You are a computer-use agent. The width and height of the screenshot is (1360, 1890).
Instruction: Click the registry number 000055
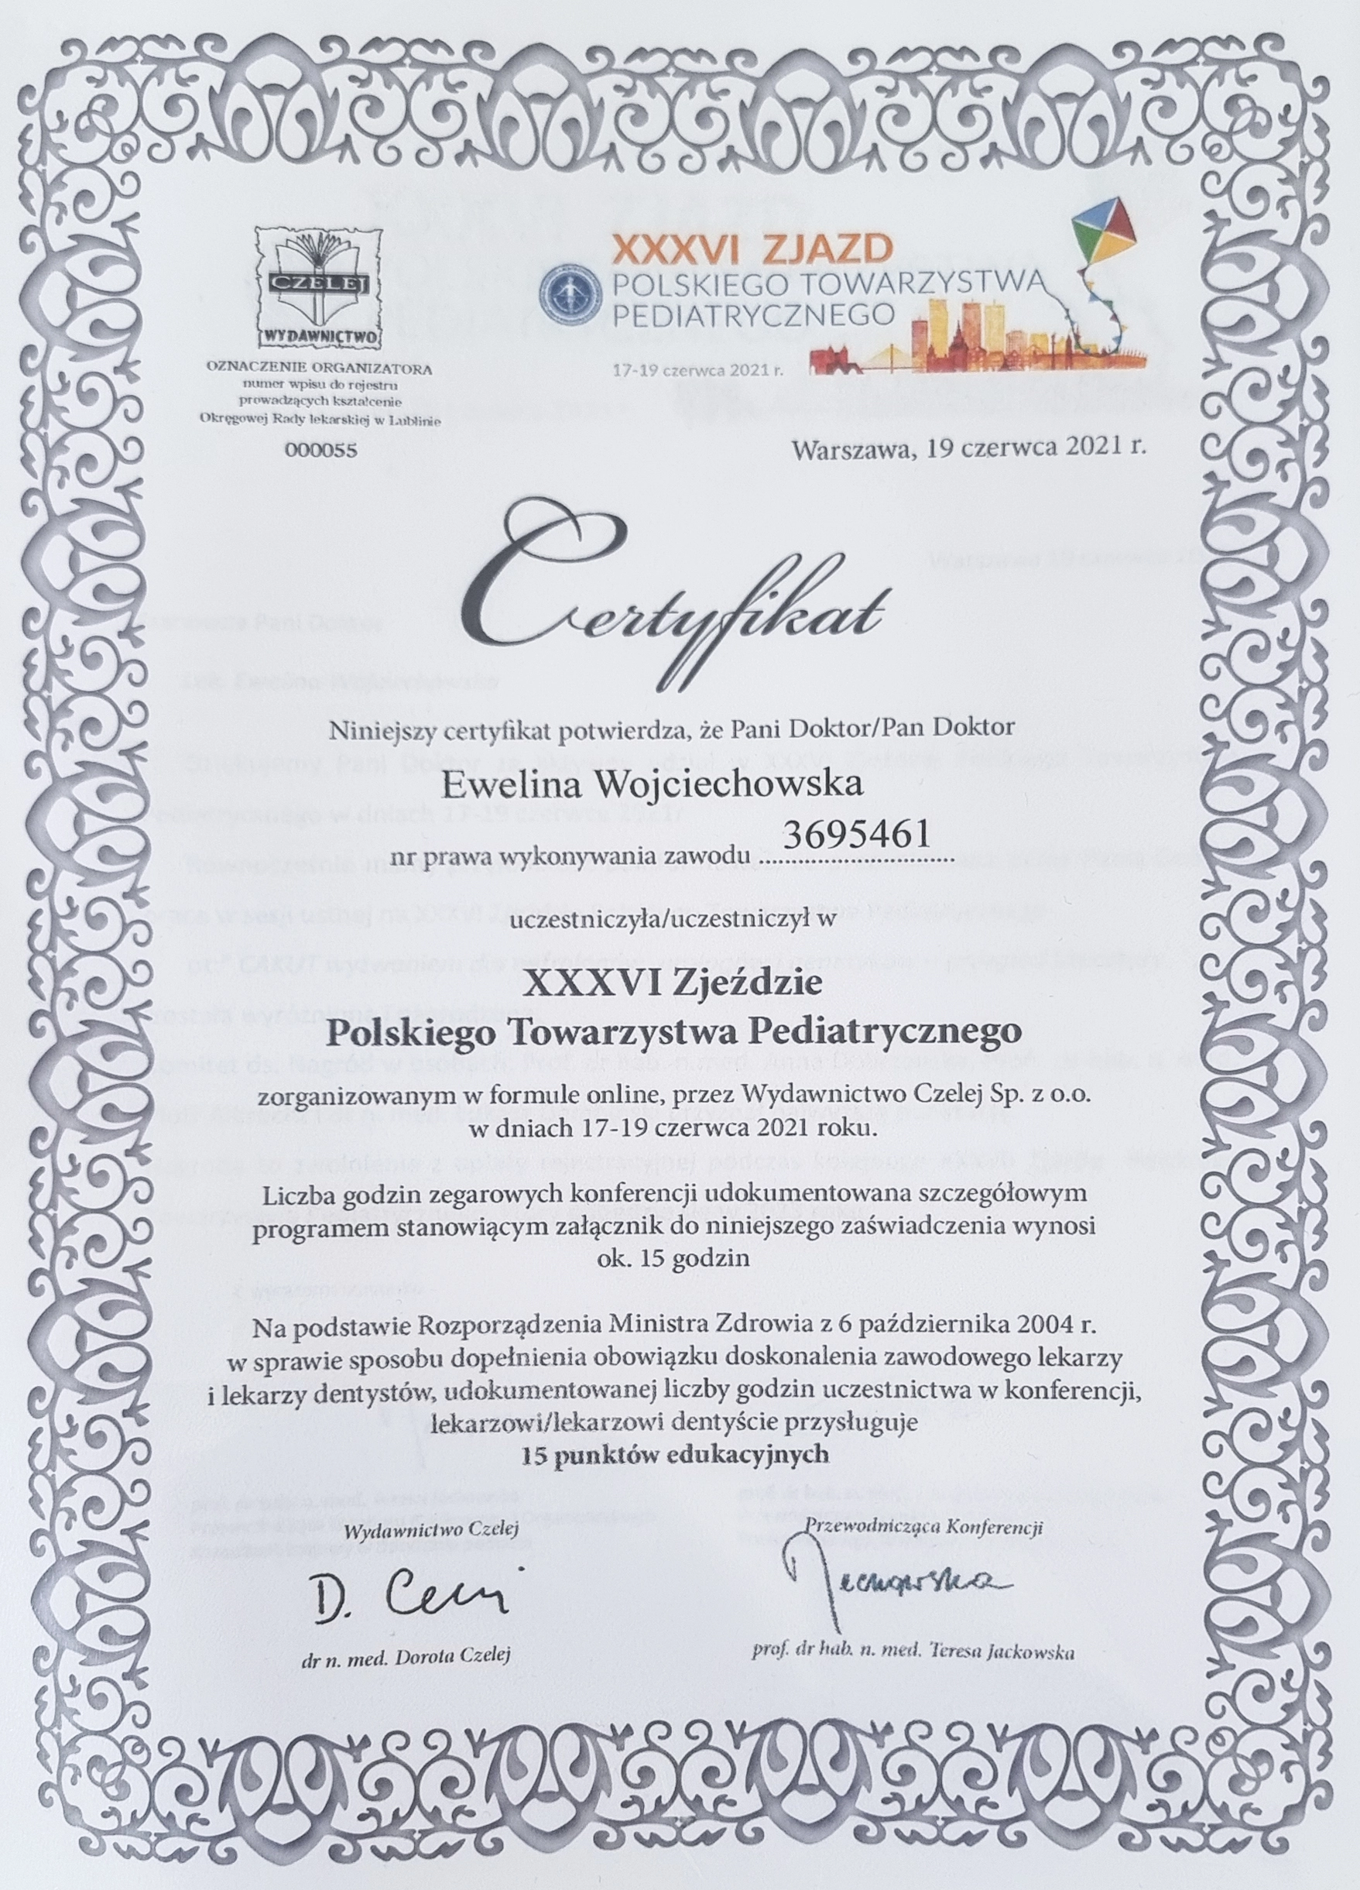[x=320, y=450]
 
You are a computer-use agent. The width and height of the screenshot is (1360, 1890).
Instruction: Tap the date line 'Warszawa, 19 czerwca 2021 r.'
[x=971, y=449]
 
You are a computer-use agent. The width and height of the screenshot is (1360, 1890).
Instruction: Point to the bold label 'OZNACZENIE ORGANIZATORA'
[x=320, y=368]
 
